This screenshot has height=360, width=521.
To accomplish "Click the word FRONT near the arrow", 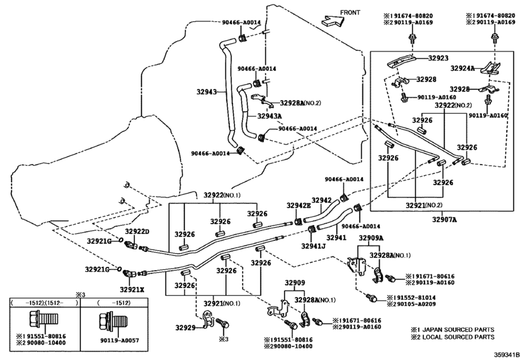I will pyautogui.click(x=351, y=12).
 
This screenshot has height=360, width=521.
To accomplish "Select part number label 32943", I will pyautogui.click(x=208, y=92).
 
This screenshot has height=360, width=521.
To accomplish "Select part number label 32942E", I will pyautogui.click(x=298, y=205).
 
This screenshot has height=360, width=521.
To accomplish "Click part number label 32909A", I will pyautogui.click(x=371, y=238).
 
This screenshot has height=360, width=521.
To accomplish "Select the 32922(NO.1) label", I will pyautogui.click(x=222, y=195).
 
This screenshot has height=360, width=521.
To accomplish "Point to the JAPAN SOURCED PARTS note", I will pyautogui.click(x=453, y=328).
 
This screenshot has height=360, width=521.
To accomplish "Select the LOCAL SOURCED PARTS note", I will pyautogui.click(x=453, y=336).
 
